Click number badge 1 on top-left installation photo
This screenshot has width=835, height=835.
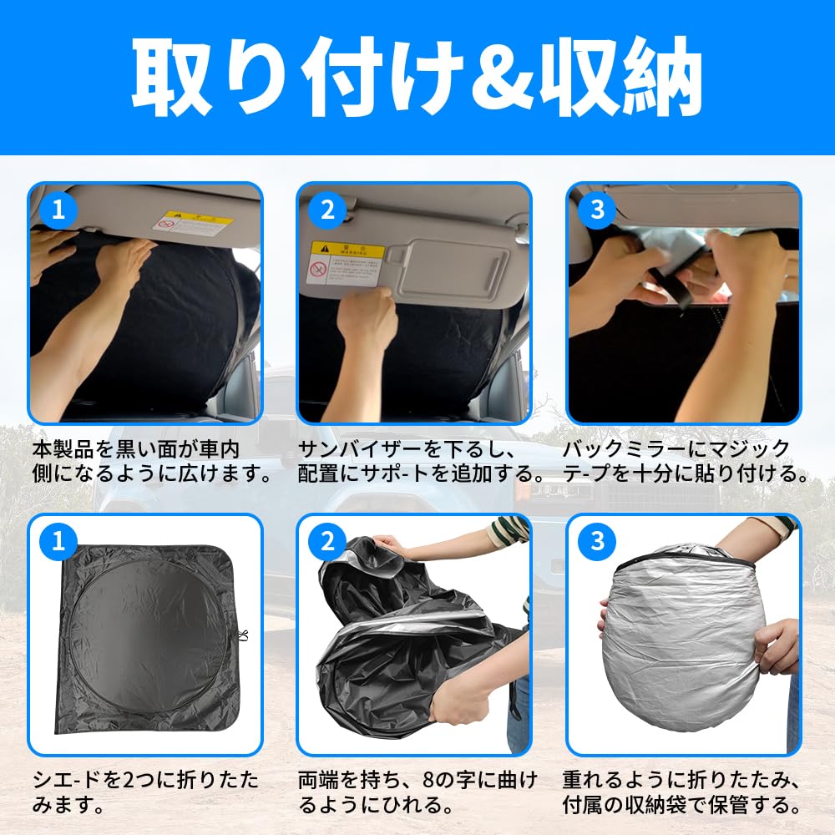(58, 210)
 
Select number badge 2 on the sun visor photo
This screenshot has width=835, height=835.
(327, 210)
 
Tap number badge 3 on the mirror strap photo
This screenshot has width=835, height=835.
(596, 210)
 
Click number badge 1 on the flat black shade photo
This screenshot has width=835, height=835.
(58, 541)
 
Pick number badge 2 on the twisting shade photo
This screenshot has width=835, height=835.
(327, 541)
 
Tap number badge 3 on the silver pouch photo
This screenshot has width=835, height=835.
(596, 541)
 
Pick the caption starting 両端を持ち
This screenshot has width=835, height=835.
(417, 793)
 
